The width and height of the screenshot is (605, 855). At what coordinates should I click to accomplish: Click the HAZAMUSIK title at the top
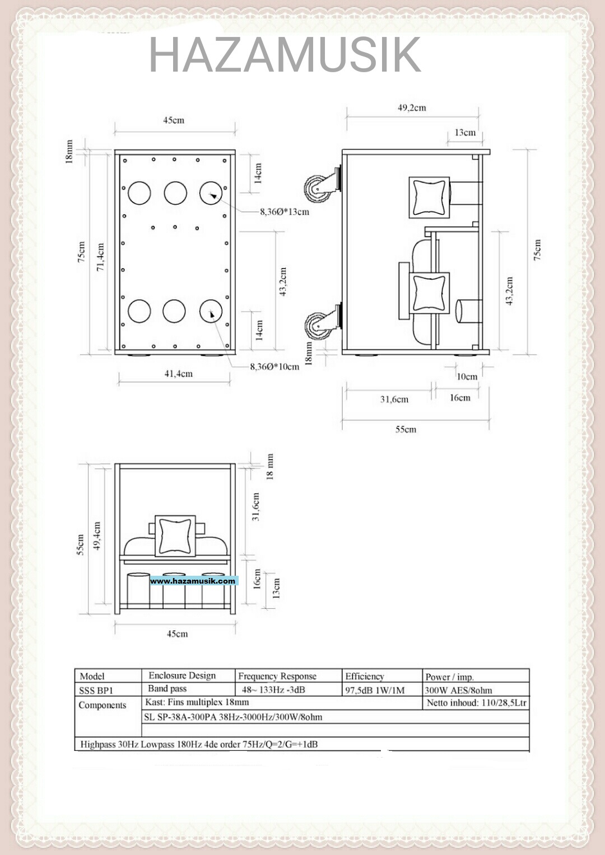pyautogui.click(x=285, y=55)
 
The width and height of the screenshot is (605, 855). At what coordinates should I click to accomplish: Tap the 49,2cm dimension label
pyautogui.click(x=412, y=107)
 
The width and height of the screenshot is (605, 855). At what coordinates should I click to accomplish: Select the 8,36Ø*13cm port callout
pyautogui.click(x=284, y=212)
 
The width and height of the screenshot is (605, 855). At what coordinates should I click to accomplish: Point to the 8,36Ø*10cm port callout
pyautogui.click(x=274, y=367)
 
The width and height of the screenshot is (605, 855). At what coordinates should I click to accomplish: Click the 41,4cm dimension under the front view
pyautogui.click(x=178, y=374)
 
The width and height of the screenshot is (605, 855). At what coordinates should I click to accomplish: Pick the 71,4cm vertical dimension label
pyautogui.click(x=101, y=257)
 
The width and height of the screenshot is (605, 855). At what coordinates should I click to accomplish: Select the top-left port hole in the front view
pyautogui.click(x=139, y=193)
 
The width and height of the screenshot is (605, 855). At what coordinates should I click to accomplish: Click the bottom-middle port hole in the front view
pyautogui.click(x=174, y=311)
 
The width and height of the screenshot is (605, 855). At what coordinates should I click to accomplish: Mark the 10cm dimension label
pyautogui.click(x=467, y=377)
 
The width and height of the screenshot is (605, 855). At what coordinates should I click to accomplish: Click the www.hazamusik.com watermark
pyautogui.click(x=193, y=581)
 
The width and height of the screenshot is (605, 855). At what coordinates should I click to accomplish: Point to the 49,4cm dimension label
pyautogui.click(x=97, y=536)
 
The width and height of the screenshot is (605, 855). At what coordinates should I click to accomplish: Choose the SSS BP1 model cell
pyautogui.click(x=96, y=690)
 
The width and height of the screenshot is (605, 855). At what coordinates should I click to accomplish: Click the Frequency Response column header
pyautogui.click(x=277, y=676)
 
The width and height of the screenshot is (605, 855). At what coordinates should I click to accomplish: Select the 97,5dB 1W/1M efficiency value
pyautogui.click(x=375, y=690)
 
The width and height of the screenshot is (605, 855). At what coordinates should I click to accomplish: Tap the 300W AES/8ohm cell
pyautogui.click(x=458, y=690)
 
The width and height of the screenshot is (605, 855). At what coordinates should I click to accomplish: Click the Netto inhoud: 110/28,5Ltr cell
pyautogui.click(x=476, y=703)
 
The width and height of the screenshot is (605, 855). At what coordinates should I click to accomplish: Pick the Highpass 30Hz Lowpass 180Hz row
pyautogui.click(x=199, y=744)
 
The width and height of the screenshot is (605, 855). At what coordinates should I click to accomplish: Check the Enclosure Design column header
pyautogui.click(x=182, y=675)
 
